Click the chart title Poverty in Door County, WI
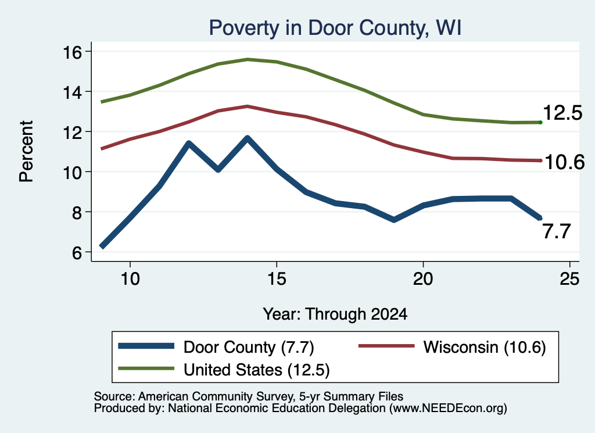(335, 28)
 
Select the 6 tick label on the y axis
(77, 252)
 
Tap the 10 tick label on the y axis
(72, 172)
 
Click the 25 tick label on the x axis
(569, 280)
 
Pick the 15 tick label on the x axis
(277, 280)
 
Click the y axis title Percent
(26, 152)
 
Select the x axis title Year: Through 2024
(335, 314)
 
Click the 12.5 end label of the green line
(562, 113)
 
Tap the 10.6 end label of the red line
(565, 162)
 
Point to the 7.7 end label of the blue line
(556, 231)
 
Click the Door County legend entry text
(230, 347)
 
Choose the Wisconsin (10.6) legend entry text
(485, 347)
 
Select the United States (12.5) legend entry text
(256, 370)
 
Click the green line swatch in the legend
(146, 368)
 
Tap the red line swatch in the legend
(386, 346)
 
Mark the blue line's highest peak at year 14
(248, 138)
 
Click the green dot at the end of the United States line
(540, 122)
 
